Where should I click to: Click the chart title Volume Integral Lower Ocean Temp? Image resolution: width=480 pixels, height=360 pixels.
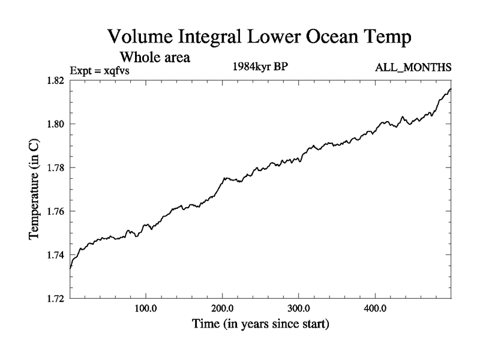pos(260,37)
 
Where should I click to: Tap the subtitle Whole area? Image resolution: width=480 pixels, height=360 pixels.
pos(155,58)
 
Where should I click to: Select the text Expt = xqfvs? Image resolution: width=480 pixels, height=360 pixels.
pos(100,70)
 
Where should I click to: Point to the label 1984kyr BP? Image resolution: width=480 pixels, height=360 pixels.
pos(260,67)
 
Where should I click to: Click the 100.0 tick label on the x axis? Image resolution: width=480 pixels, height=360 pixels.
pos(146,309)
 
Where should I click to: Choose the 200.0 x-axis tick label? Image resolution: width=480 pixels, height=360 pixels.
pos(223,309)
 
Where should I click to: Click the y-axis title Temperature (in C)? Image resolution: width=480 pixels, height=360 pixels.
pos(35,190)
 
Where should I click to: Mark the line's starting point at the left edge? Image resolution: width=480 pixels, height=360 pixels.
pos(70,268)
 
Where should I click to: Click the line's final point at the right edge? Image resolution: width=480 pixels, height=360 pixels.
pos(451,89)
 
